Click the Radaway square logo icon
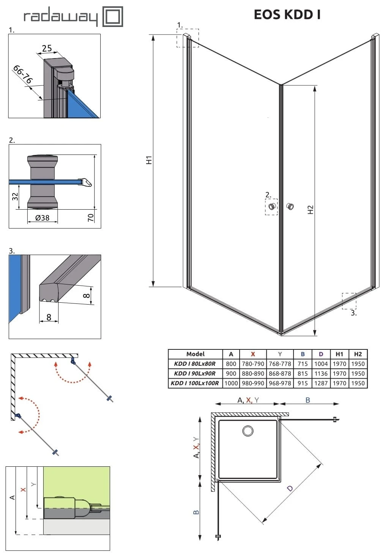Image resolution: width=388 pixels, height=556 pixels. [x=113, y=17]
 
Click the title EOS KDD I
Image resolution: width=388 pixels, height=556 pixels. [x=287, y=14]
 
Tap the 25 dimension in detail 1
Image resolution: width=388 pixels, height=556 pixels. [x=47, y=48]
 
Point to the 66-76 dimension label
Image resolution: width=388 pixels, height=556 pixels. [x=23, y=74]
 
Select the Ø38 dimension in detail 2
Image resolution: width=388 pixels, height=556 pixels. [x=43, y=218]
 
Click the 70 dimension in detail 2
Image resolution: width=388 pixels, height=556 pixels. [x=91, y=218]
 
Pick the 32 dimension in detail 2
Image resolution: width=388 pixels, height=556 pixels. [x=15, y=196]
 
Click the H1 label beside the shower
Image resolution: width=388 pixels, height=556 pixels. [x=149, y=160]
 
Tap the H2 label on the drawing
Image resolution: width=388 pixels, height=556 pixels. [x=310, y=210]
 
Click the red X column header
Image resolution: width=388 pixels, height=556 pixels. [x=253, y=354]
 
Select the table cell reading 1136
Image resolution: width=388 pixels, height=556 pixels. [x=321, y=373]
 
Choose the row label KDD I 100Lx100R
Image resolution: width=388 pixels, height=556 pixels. [x=195, y=383]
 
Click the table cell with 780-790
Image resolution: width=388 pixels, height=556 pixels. [x=253, y=364]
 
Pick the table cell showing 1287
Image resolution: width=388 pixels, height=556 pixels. [x=321, y=383]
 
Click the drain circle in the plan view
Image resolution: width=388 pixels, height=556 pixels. [x=248, y=431]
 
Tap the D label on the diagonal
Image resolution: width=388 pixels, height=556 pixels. [x=290, y=488]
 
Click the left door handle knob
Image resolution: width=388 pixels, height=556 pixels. [x=272, y=207]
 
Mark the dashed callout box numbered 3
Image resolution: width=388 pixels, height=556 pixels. [x=349, y=301]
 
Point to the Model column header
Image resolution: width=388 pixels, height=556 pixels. [x=195, y=354]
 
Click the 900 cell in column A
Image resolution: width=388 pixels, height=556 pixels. [x=231, y=373]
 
